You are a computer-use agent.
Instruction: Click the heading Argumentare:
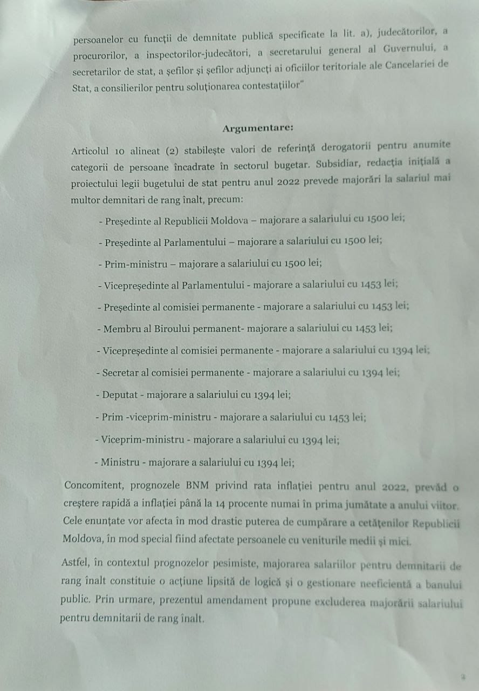pyautogui.click(x=258, y=128)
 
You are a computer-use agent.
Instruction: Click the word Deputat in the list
pyautogui.click(x=119, y=395)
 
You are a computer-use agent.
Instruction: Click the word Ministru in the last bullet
pyautogui.click(x=118, y=462)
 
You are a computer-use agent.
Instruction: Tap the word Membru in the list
pyautogui.click(x=119, y=328)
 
